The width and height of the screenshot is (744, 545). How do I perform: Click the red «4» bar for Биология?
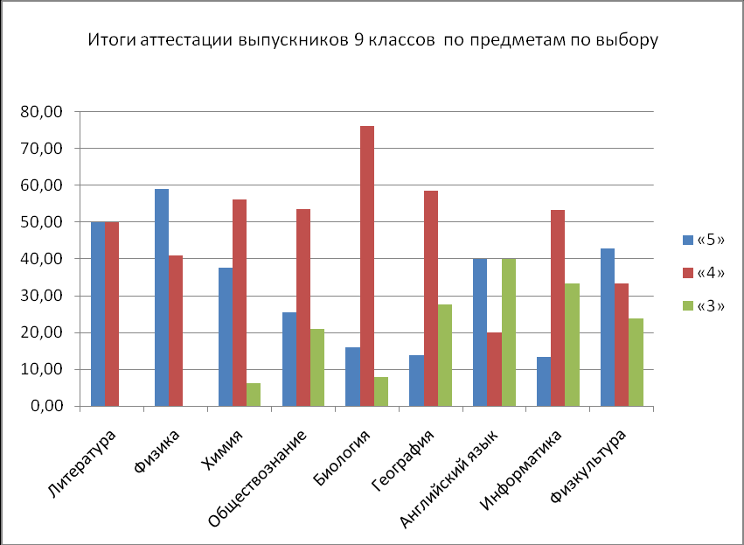[367, 266]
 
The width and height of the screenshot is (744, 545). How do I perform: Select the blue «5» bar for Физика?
[162, 297]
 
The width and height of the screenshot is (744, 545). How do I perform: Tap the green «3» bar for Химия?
[254, 395]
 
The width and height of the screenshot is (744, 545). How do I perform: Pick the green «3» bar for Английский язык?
[509, 332]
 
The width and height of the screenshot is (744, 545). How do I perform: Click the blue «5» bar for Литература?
[98, 314]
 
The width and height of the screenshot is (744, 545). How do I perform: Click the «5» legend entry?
[703, 239]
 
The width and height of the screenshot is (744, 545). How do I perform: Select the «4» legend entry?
[703, 272]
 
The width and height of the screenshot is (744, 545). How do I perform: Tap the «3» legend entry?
[703, 305]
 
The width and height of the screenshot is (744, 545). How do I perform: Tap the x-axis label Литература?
[83, 464]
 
